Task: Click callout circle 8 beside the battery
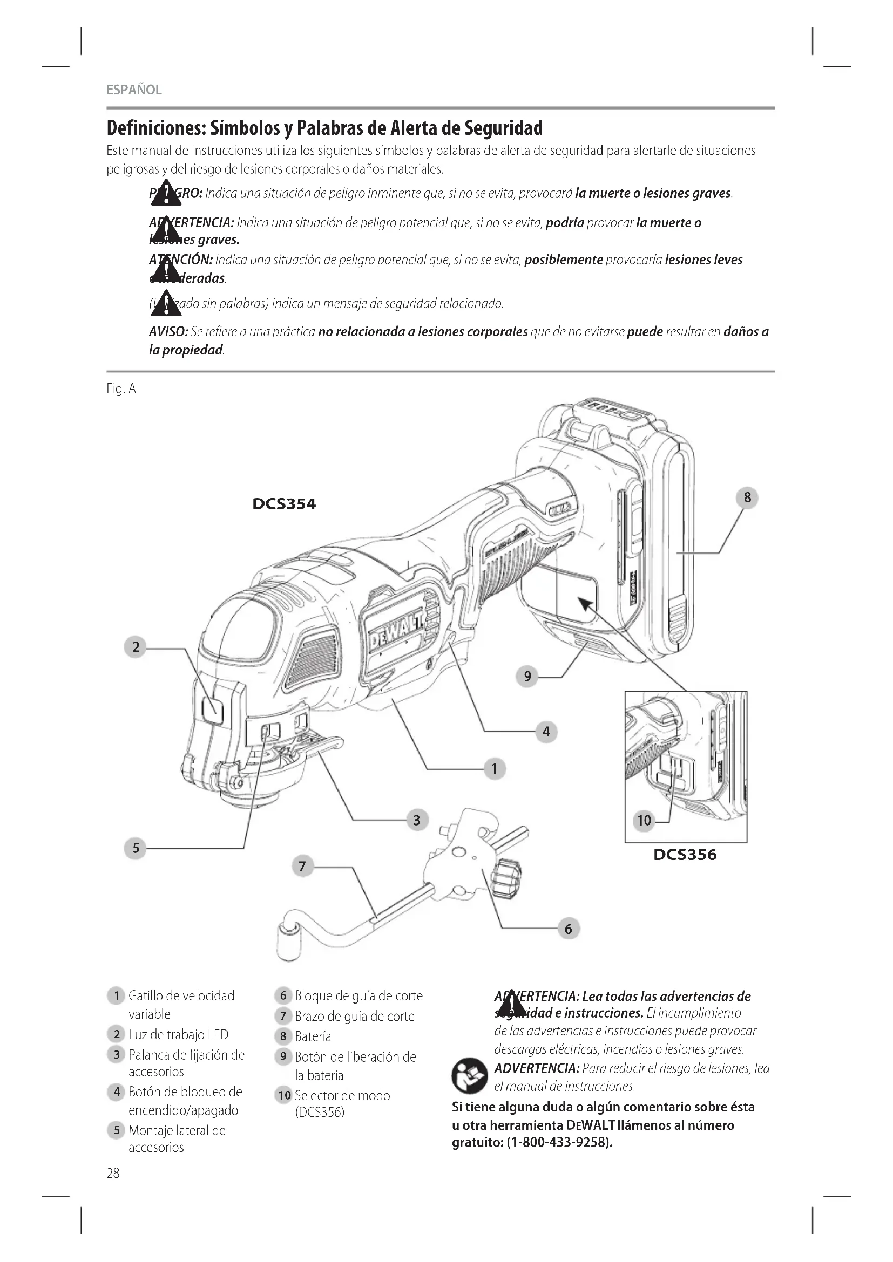(x=747, y=498)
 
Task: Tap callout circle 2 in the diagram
(x=136, y=647)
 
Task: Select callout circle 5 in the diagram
(x=136, y=848)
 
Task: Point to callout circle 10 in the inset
(x=644, y=821)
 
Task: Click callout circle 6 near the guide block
(x=568, y=929)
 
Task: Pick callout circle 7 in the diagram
(x=302, y=867)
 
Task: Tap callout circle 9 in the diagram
(x=527, y=676)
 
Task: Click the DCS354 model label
(x=284, y=504)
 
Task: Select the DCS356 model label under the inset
(x=685, y=855)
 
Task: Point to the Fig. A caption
(x=121, y=389)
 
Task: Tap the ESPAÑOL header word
(x=134, y=90)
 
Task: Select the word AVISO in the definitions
(x=168, y=332)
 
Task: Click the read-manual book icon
(x=469, y=1076)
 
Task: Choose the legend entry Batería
(x=313, y=1036)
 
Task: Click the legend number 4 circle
(x=116, y=1092)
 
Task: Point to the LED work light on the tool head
(x=212, y=710)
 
